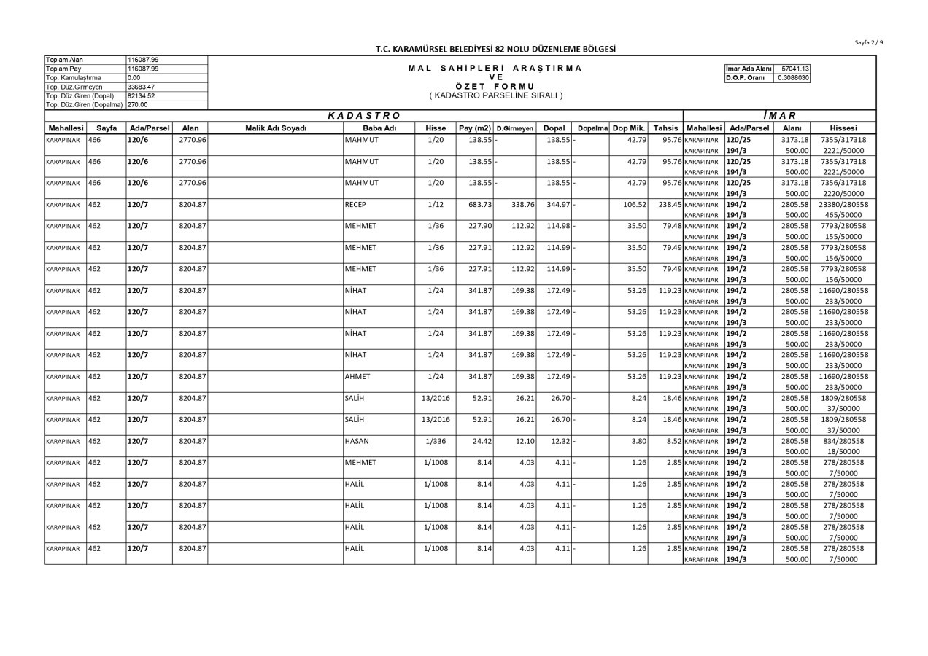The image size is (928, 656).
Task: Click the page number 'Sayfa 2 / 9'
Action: click(869, 42)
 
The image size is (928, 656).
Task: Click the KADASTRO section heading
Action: click(364, 115)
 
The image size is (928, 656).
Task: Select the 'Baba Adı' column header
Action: click(379, 128)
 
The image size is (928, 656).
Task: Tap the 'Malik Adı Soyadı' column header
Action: click(275, 128)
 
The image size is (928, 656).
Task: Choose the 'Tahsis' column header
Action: click(665, 128)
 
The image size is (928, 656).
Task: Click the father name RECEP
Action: click(355, 205)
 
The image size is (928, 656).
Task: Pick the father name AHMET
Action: click(357, 377)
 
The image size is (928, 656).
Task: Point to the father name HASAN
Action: click(357, 441)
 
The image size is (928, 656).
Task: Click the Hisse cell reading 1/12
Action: click(436, 205)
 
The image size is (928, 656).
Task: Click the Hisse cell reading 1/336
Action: click(436, 441)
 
